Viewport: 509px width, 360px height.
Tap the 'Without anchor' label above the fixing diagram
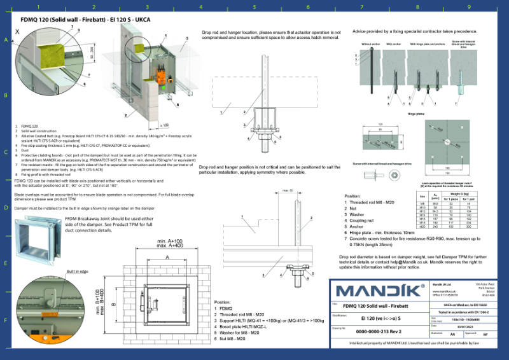(370, 44)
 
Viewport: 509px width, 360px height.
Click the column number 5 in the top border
(254, 7)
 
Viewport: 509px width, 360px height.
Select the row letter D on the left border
(6, 207)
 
